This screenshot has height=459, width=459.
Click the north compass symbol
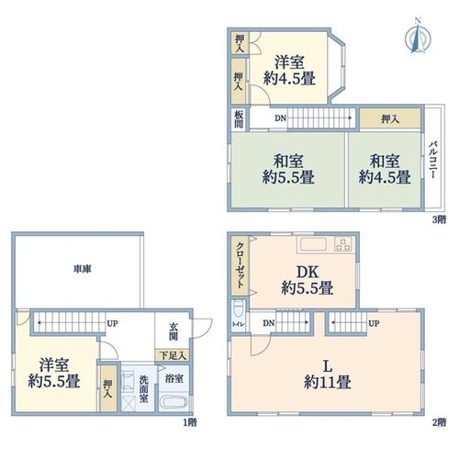click(418, 37)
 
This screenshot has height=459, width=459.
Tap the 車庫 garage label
click(83, 269)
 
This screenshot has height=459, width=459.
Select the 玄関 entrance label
click(173, 331)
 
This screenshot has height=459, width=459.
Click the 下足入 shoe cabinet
click(173, 355)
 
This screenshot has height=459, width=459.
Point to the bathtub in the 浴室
click(174, 402)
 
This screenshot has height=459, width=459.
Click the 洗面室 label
click(143, 388)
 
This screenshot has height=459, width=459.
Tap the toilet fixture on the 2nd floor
click(238, 309)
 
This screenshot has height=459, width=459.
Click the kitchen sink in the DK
click(313, 245)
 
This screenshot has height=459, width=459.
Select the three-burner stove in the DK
click(343, 244)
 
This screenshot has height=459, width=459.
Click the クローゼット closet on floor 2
click(241, 265)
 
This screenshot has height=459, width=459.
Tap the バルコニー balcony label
click(433, 160)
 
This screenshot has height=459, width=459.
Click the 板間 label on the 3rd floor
click(239, 119)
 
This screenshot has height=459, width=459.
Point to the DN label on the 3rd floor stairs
click(280, 118)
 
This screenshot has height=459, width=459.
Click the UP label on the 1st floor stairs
click(112, 323)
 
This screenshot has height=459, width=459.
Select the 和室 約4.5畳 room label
click(385, 169)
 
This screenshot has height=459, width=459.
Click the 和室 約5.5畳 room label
click(288, 169)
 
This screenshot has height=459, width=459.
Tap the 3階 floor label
click(439, 219)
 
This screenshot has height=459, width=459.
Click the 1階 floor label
click(190, 422)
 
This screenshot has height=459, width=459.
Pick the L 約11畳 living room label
click(327, 375)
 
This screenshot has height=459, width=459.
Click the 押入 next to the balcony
click(390, 118)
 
